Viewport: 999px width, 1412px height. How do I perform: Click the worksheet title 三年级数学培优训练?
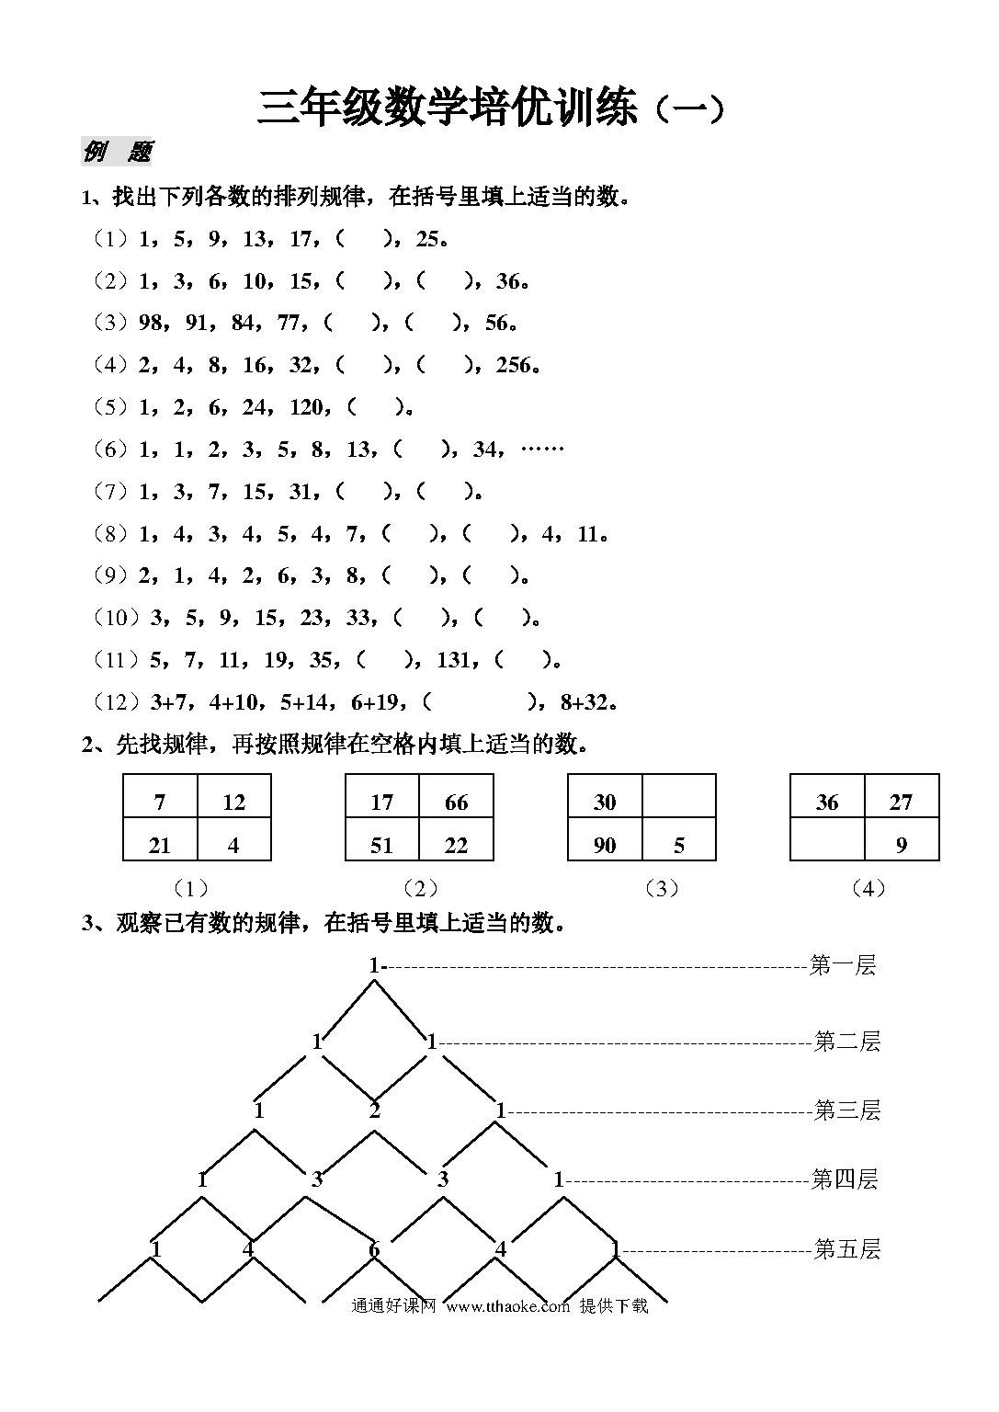coord(448,108)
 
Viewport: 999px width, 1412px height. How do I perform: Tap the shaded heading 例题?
coord(116,152)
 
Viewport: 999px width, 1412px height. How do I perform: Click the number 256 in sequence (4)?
coord(513,365)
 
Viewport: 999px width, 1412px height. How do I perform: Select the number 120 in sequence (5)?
coord(306,407)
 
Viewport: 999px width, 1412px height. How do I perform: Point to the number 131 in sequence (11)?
coord(454,659)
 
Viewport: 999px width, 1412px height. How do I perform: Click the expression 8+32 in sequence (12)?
coord(585,701)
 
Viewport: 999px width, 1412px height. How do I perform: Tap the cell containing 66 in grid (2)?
coord(457,795)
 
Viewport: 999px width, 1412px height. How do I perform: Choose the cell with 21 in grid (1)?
coord(160,839)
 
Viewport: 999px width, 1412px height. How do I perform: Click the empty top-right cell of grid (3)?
coord(679,795)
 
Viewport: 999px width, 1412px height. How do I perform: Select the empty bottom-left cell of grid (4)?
coord(827,839)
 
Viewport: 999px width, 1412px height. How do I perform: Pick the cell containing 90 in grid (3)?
coord(605,839)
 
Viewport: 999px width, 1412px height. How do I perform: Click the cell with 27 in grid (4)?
coord(902,795)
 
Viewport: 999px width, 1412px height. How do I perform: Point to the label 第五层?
coord(846,1248)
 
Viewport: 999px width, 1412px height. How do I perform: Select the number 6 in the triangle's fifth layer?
coord(374,1248)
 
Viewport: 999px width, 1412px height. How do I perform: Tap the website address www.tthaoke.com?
coord(508,1306)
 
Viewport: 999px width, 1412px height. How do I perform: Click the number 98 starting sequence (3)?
coord(151,324)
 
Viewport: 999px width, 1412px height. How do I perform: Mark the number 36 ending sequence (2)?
coord(507,281)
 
